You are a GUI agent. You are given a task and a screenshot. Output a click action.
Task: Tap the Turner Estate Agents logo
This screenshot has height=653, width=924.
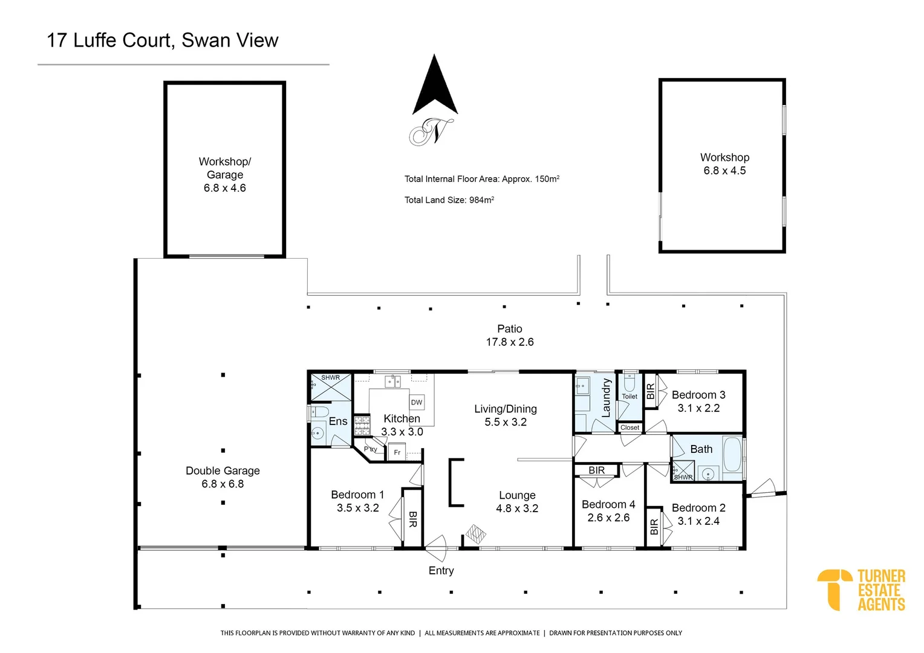[x=861, y=590]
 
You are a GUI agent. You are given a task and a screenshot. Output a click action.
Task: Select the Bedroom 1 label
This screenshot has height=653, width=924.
[x=357, y=495]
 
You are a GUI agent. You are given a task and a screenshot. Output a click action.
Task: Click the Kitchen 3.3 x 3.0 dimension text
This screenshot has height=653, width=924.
[x=402, y=432]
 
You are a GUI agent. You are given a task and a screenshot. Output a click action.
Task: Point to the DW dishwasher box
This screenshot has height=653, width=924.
[x=417, y=402]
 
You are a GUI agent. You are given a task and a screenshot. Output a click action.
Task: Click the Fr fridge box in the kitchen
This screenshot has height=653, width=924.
[x=397, y=452]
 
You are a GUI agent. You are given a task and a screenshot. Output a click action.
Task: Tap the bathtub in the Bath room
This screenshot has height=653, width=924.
[x=732, y=455]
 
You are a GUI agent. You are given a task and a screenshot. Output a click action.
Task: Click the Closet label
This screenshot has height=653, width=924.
[x=630, y=427]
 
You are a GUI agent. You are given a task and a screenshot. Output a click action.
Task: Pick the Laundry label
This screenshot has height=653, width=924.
[x=606, y=398]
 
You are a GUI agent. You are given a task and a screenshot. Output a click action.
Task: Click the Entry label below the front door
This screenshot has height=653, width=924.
[x=441, y=570]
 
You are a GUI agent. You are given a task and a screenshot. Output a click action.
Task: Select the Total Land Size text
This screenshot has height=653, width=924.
[x=449, y=200]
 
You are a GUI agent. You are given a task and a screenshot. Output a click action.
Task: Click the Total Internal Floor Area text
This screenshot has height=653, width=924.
[x=481, y=179]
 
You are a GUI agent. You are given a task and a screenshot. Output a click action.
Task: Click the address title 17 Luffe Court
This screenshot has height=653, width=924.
[x=162, y=41]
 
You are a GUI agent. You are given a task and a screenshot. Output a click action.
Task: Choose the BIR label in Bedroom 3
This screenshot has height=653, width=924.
[x=651, y=391]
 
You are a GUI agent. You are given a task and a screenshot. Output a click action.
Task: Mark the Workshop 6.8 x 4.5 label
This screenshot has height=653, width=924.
[x=724, y=164]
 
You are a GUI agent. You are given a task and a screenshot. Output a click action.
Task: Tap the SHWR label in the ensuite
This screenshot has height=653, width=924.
[x=330, y=377]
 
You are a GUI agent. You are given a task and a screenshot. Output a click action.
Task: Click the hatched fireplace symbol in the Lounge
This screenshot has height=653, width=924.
[x=475, y=534]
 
